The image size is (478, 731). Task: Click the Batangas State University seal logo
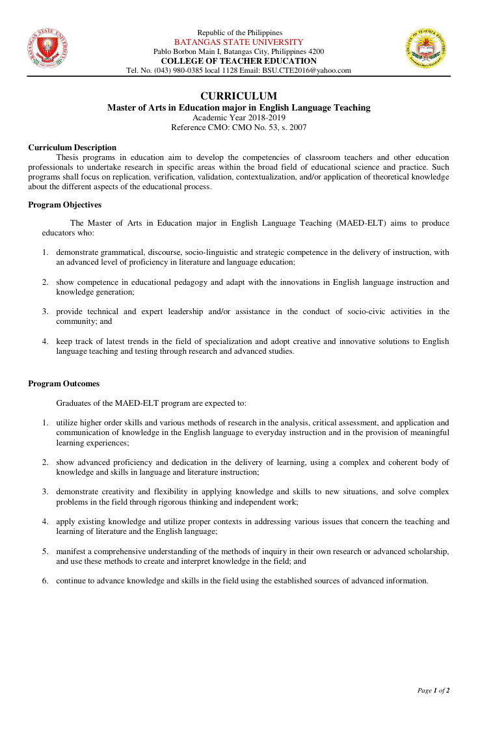click(x=48, y=49)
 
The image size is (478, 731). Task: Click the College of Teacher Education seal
click(x=426, y=49)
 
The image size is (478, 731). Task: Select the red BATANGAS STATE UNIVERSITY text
click(x=239, y=42)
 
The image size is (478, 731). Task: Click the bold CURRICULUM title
click(x=239, y=96)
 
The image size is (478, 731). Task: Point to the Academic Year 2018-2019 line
click(x=239, y=118)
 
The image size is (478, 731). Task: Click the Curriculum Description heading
click(x=72, y=148)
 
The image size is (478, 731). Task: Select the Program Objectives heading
click(x=64, y=205)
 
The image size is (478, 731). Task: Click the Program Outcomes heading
click(x=64, y=384)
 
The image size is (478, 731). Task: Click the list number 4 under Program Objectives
click(x=46, y=341)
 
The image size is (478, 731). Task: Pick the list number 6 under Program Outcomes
click(x=46, y=581)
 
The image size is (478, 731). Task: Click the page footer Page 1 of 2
click(x=433, y=690)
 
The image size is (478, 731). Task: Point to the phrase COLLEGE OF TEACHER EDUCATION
click(x=239, y=61)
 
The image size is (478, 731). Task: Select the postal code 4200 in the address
click(x=315, y=51)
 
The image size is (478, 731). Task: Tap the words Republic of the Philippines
click(x=239, y=33)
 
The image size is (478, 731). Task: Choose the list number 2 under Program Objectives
click(x=46, y=283)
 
